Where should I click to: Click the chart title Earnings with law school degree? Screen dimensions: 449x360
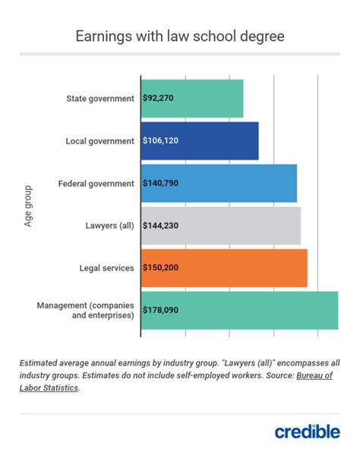click(x=180, y=36)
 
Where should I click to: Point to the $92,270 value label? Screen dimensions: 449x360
click(x=161, y=99)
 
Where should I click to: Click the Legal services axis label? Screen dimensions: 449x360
click(x=106, y=268)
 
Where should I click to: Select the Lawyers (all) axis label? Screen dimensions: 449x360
click(x=107, y=226)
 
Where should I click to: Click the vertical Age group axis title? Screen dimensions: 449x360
click(x=28, y=204)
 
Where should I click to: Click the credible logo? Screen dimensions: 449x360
click(x=307, y=431)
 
